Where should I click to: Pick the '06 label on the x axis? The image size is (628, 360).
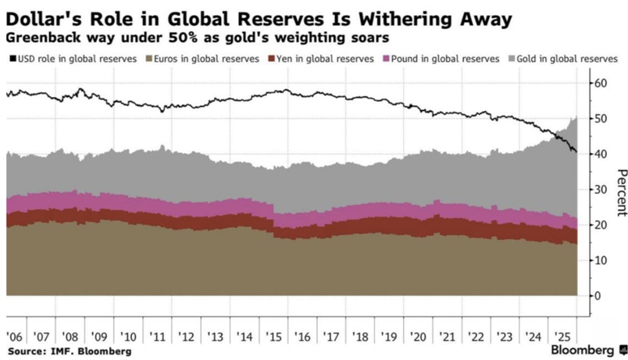tap(14, 337)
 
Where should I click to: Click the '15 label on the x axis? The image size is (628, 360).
tap(274, 337)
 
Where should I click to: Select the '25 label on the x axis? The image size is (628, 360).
tap(561, 337)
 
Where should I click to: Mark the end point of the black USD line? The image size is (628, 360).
tap(576, 152)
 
